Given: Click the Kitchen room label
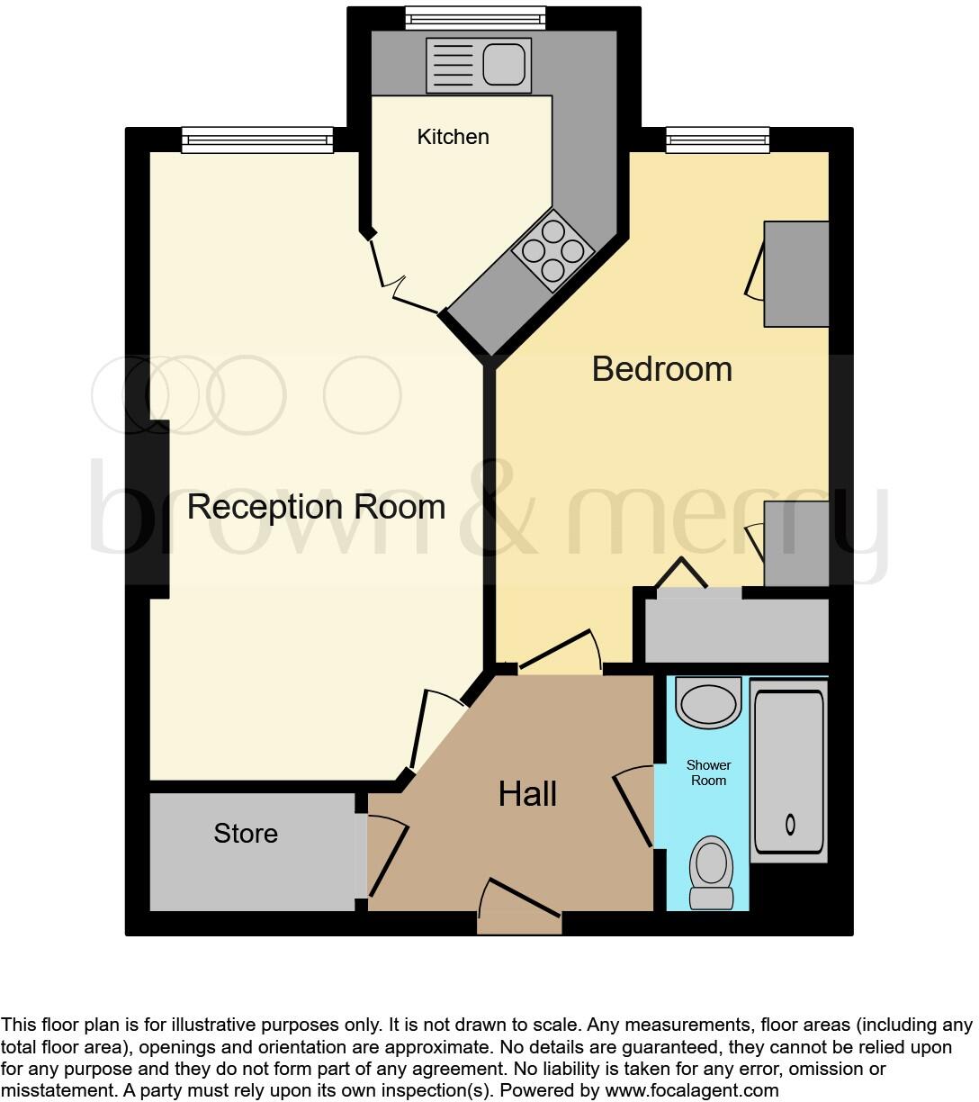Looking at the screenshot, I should [x=453, y=137].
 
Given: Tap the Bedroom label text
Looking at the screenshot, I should [x=661, y=369].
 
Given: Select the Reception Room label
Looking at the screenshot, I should [x=316, y=507].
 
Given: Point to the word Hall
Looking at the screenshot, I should [x=527, y=794].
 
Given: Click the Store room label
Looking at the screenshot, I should [x=246, y=834].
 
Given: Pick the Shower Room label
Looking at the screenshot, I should [x=708, y=772].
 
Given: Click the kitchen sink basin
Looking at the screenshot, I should [x=505, y=64].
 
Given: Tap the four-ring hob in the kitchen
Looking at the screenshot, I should [x=552, y=250].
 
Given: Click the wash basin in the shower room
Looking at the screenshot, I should [x=708, y=701].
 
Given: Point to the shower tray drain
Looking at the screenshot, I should [x=790, y=823].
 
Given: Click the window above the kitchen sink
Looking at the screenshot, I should [x=475, y=16].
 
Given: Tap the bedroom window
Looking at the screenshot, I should [x=717, y=140].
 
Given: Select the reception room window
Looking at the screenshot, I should [x=256, y=139].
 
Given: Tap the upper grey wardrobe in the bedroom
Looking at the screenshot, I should [x=795, y=274].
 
